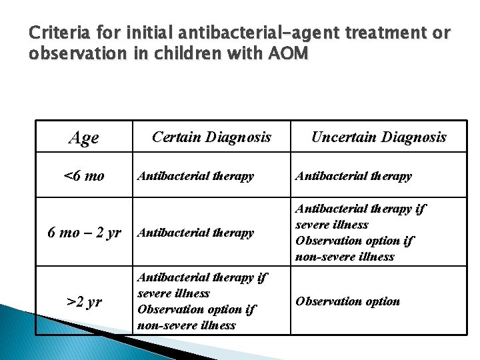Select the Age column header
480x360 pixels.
click(x=84, y=137)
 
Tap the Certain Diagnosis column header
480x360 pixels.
click(x=211, y=137)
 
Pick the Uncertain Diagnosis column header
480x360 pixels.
click(x=379, y=137)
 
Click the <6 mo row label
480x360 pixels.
click(x=84, y=176)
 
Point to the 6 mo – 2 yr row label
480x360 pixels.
click(x=84, y=233)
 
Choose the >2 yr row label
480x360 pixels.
click(x=84, y=301)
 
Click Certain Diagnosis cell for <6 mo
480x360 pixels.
click(x=195, y=177)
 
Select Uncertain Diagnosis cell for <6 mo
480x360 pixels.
click(x=353, y=177)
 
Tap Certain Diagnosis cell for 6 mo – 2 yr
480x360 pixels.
click(x=195, y=233)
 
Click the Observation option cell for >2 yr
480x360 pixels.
click(x=347, y=301)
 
